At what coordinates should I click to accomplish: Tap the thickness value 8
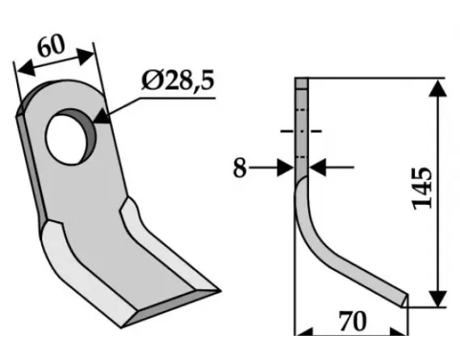pyautogui.click(x=238, y=169)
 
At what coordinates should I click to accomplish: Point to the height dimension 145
pyautogui.click(x=422, y=189)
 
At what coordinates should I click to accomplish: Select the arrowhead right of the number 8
pyautogui.click(x=286, y=168)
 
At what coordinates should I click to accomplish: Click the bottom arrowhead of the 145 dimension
pyautogui.click(x=437, y=299)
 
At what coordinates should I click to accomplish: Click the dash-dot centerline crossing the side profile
pyautogui.click(x=301, y=130)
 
